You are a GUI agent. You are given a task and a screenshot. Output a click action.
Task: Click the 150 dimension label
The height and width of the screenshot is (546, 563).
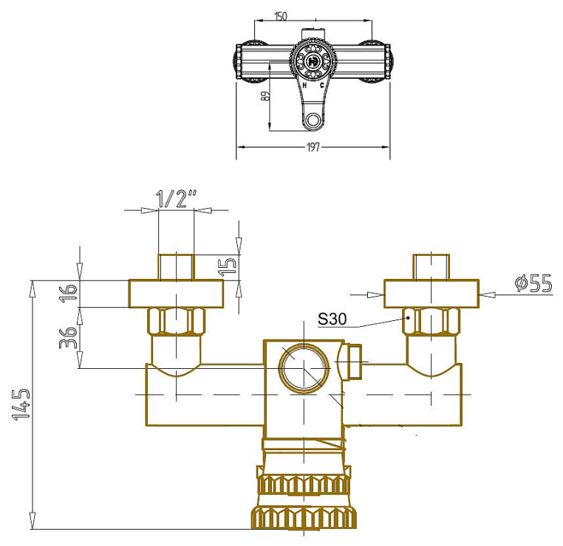[x=281, y=16]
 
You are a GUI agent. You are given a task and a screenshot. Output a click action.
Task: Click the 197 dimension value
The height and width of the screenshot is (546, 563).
[x=313, y=147]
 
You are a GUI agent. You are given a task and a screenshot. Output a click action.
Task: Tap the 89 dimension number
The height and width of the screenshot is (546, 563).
[x=265, y=96]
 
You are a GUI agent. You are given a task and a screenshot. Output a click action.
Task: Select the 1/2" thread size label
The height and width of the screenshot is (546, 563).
[x=177, y=198]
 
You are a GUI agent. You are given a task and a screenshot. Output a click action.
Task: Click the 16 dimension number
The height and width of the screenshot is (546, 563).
[x=68, y=293]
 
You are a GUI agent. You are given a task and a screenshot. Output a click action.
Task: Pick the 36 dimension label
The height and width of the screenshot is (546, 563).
[x=68, y=338]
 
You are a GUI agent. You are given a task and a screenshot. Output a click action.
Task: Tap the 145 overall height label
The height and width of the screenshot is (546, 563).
[x=21, y=404]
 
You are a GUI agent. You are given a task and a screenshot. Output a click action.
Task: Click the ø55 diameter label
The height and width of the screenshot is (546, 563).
[x=533, y=283]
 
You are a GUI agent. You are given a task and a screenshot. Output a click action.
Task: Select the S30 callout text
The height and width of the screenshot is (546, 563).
[x=332, y=319]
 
